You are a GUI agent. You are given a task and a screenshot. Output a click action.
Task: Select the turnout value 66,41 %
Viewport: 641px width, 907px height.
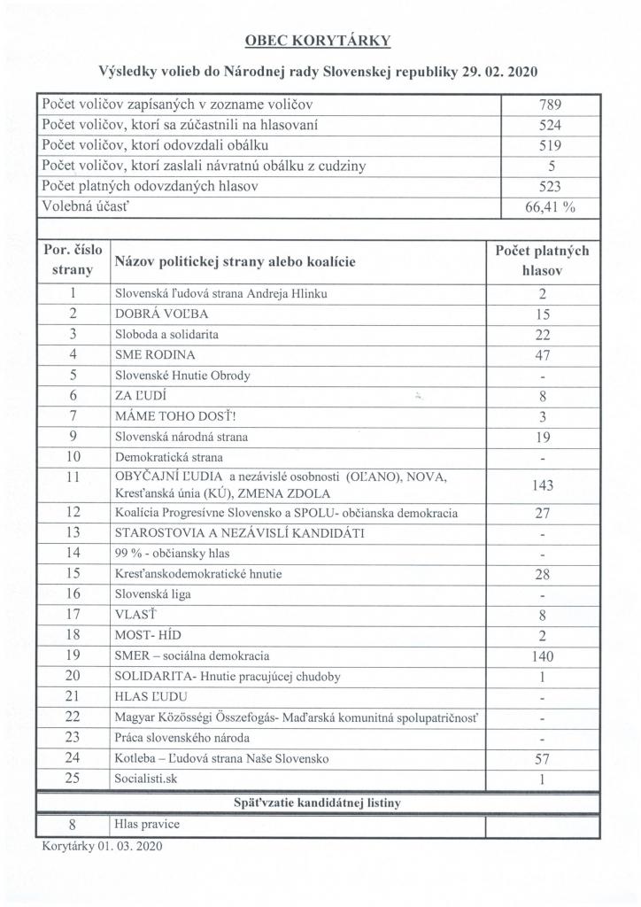[544, 207]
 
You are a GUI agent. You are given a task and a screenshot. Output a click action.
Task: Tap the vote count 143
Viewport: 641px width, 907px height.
[544, 486]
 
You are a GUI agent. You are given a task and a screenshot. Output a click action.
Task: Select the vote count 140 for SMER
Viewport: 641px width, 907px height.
[544, 656]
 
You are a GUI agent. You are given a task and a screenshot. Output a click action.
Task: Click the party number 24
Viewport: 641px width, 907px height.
[74, 758]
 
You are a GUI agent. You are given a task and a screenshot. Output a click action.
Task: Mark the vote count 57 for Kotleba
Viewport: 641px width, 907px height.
[544, 759]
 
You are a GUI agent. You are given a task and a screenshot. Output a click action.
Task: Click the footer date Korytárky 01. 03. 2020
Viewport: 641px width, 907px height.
[102, 846]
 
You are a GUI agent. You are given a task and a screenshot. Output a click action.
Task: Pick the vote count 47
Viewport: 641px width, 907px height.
[544, 355]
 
